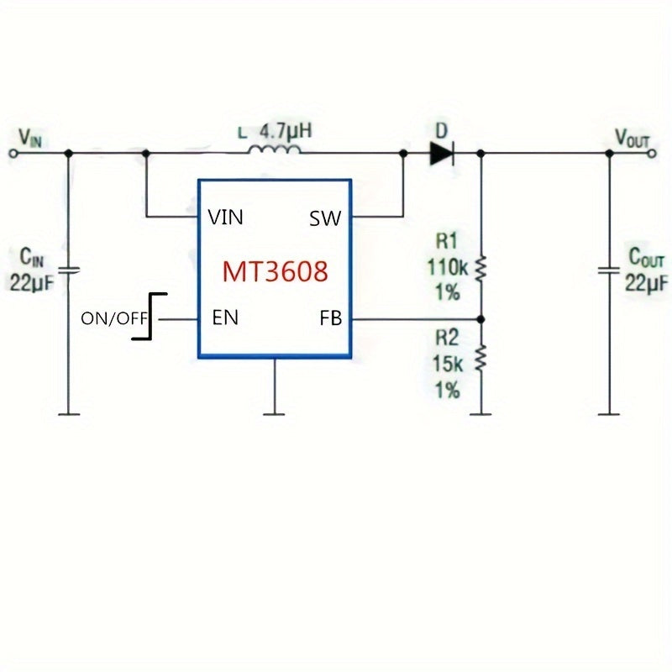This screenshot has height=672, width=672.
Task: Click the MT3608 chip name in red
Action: point(275,271)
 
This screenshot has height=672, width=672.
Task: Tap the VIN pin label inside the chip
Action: point(225,218)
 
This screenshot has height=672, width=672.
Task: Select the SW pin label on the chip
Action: point(325,218)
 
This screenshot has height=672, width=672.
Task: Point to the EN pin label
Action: point(225,318)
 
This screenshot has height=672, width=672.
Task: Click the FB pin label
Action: point(330,318)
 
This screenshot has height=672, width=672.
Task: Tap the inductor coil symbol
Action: point(274,151)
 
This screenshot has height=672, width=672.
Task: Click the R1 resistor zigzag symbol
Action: point(481,269)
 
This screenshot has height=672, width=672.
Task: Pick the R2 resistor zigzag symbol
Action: point(481,360)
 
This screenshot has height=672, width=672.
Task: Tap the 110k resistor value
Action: point(447,269)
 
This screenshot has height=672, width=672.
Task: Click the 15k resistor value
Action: point(447,365)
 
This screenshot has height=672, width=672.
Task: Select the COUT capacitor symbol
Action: point(610,270)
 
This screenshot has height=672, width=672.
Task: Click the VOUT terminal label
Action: point(632,137)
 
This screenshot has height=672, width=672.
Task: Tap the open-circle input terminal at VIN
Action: point(13,154)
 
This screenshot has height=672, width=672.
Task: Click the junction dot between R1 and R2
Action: point(481,319)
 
